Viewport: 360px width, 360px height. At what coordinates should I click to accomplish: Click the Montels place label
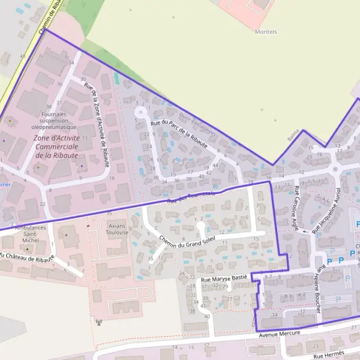tap(266, 31)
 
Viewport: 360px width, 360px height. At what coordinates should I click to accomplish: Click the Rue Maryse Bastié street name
tap(224, 279)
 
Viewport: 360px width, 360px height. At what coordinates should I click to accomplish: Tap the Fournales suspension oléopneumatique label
tap(54, 120)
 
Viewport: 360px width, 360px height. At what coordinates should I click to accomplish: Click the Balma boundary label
tap(293, 137)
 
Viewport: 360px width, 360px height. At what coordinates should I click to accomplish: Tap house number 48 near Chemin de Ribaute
tap(23, 56)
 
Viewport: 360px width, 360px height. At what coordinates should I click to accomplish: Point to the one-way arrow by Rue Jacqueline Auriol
tap(305, 230)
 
